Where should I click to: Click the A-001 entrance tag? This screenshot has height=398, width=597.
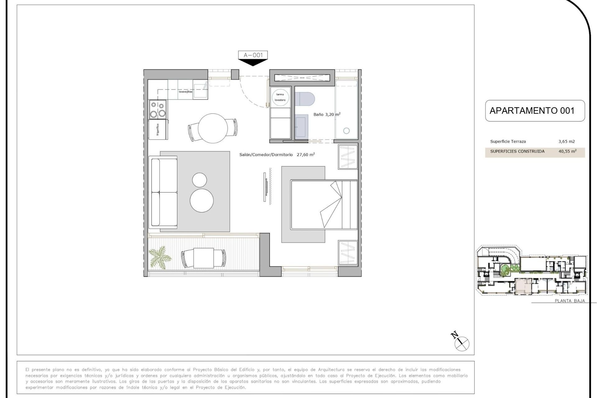coord(253,55)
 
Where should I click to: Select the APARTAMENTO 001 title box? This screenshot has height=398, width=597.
coord(535,111)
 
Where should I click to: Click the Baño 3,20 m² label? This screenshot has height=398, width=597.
coord(327,114)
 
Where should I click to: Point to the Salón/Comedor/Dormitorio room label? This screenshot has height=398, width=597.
coord(266,155)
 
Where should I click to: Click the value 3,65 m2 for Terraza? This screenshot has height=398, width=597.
coord(567,141)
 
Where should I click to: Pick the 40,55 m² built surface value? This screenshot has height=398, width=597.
coord(567,151)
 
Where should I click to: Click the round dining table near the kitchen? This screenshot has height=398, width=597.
coord(213,128)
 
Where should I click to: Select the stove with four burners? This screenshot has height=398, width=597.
coord(158,109)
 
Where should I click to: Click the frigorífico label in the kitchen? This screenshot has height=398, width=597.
coord(158,129)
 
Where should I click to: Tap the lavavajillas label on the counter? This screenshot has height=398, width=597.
coord(185,92)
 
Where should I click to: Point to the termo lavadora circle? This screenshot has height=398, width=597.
coord(280,97)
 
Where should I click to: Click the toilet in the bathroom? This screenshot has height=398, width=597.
coord(305,99)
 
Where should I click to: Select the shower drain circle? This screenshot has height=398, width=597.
coord(346,131)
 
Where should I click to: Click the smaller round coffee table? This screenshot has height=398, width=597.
coord(199,180)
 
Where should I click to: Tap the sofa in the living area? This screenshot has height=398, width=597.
coord(163,192)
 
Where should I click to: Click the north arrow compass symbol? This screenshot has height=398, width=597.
coord(461,343)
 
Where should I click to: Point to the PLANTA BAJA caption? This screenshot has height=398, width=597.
coord(570,301)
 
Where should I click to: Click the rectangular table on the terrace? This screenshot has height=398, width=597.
coord(203,258)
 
